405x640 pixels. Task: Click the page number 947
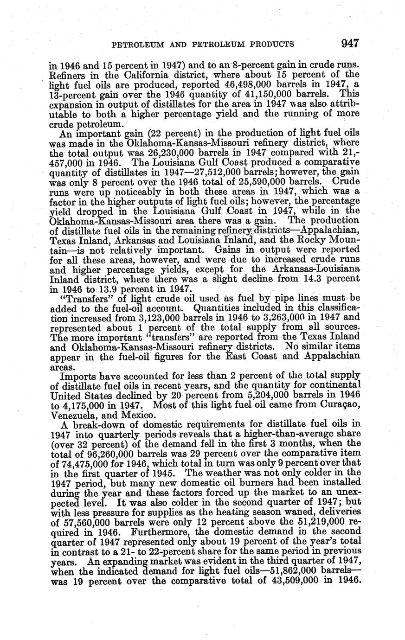pos(350,44)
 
